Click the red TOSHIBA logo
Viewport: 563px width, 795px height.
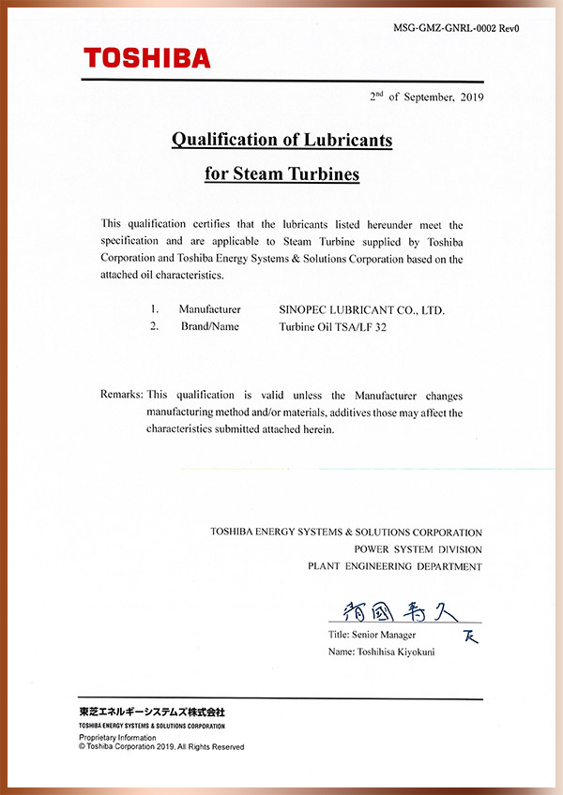pyautogui.click(x=147, y=58)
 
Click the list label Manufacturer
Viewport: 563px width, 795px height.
pyautogui.click(x=210, y=309)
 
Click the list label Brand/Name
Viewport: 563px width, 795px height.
pyautogui.click(x=210, y=326)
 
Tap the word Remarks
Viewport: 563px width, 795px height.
pyautogui.click(x=121, y=395)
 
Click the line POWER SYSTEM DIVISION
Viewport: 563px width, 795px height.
pyautogui.click(x=418, y=549)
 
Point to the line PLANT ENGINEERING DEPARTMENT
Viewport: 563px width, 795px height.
pyautogui.click(x=395, y=566)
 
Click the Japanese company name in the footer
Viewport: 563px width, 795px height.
pyautogui.click(x=152, y=712)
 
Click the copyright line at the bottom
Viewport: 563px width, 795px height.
pyautogui.click(x=161, y=747)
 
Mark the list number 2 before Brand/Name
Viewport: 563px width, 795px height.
pyautogui.click(x=154, y=326)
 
